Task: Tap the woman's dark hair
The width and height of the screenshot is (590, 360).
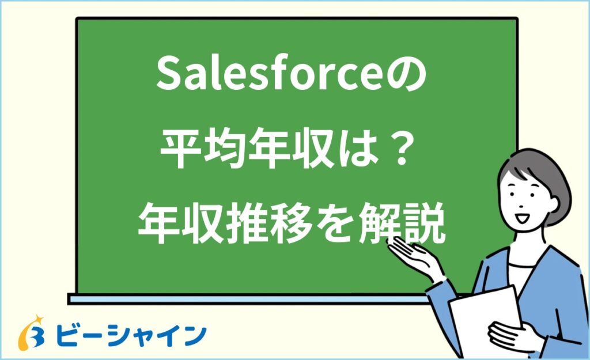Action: point(539,167)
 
